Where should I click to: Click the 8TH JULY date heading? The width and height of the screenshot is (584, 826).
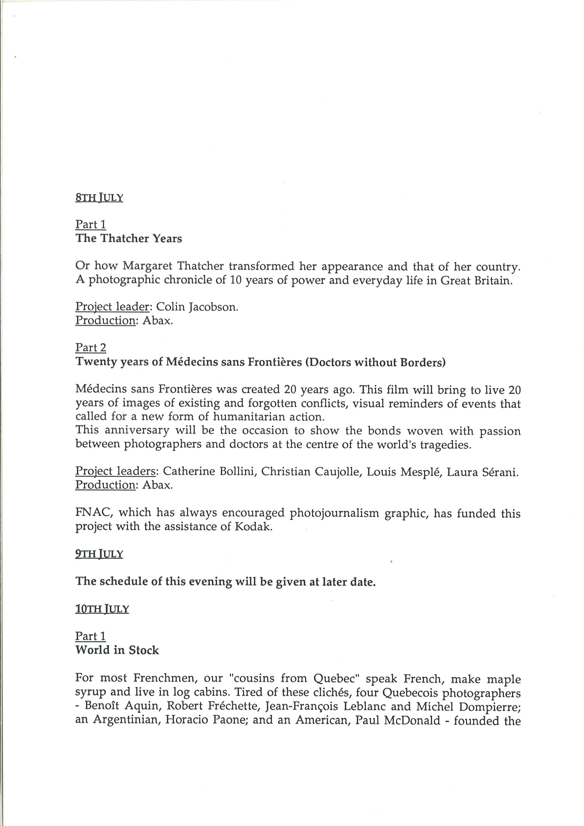99,198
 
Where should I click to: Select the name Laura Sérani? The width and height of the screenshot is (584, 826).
482,471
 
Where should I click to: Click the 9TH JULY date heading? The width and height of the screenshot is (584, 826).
99,554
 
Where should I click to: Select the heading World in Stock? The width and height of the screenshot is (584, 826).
117,650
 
